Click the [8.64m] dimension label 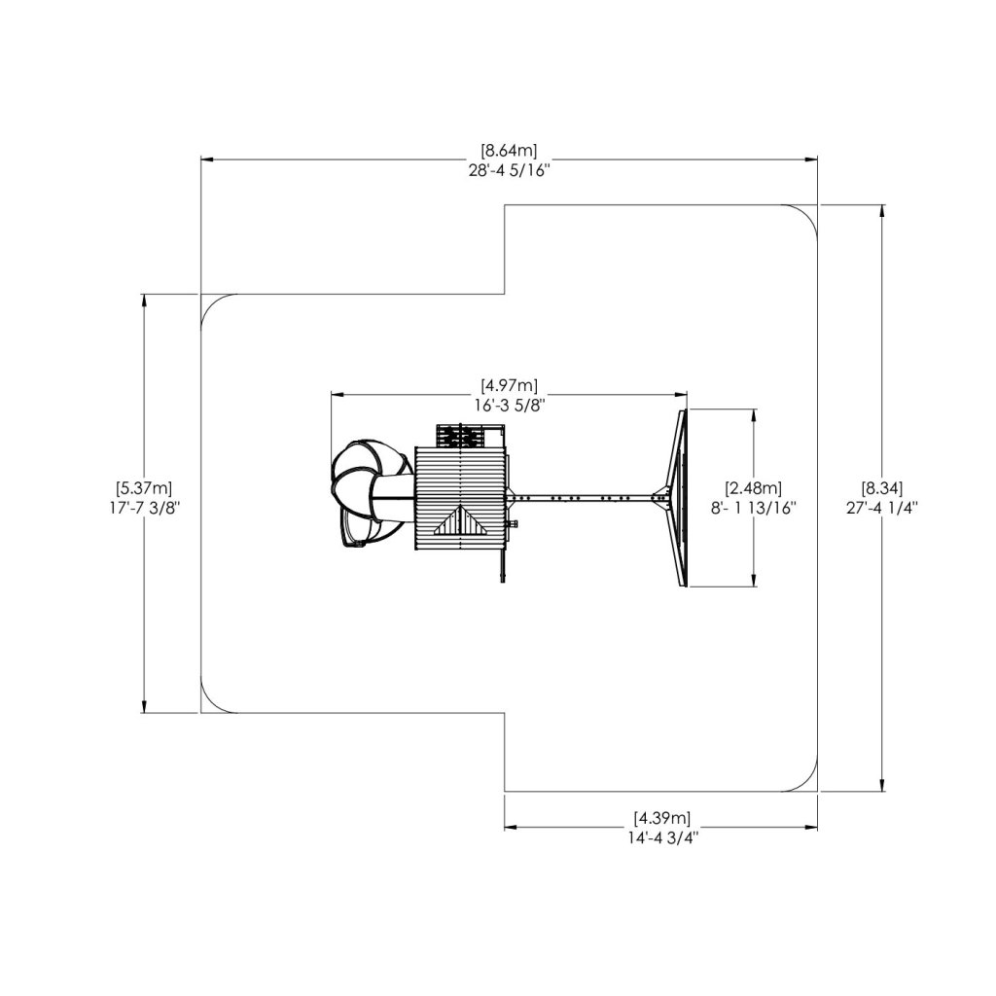point(509,151)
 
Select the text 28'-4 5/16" point(509,169)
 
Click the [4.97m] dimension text point(509,386)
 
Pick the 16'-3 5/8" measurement point(509,405)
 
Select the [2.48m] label point(754,487)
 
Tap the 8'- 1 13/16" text point(754,506)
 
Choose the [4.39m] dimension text point(661,817)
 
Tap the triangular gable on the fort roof point(461,522)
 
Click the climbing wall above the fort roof point(461,435)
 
